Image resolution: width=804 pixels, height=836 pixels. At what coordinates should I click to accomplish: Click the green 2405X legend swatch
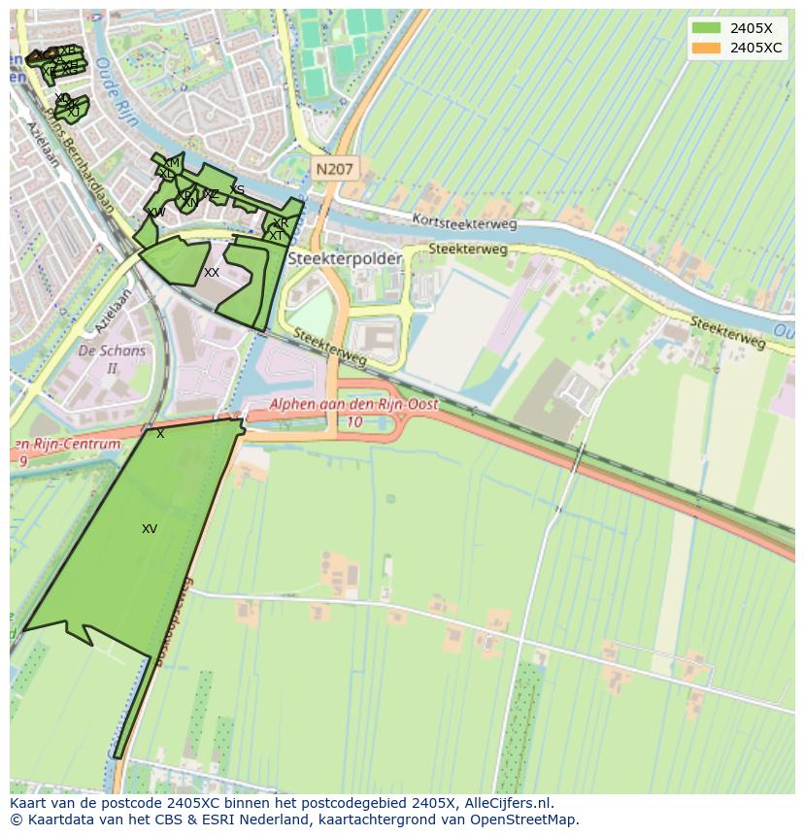pyautogui.click(x=706, y=28)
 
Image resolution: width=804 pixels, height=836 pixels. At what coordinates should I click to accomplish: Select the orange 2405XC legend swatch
pyautogui.click(x=706, y=48)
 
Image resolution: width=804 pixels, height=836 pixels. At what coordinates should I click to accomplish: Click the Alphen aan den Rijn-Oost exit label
pyautogui.click(x=353, y=404)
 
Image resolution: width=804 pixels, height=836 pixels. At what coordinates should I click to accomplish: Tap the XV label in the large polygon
pyautogui.click(x=150, y=529)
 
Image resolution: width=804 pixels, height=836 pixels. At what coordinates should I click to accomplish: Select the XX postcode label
pyautogui.click(x=212, y=273)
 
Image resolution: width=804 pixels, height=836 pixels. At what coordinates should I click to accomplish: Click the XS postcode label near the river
pyautogui.click(x=237, y=190)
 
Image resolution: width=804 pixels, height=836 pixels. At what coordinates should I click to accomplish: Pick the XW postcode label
pyautogui.click(x=155, y=212)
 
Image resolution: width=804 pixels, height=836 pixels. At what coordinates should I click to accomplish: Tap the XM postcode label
pyautogui.click(x=172, y=162)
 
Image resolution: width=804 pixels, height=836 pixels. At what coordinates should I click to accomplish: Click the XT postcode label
pyautogui.click(x=277, y=236)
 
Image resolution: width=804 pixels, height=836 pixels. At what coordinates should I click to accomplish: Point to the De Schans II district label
pyautogui.click(x=112, y=359)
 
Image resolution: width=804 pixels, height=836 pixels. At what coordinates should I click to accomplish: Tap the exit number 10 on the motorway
pyautogui.click(x=354, y=422)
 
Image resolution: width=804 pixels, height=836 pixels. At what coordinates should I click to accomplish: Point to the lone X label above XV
pyautogui.click(x=160, y=434)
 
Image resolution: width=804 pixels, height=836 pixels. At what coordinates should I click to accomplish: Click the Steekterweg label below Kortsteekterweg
pyautogui.click(x=468, y=250)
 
